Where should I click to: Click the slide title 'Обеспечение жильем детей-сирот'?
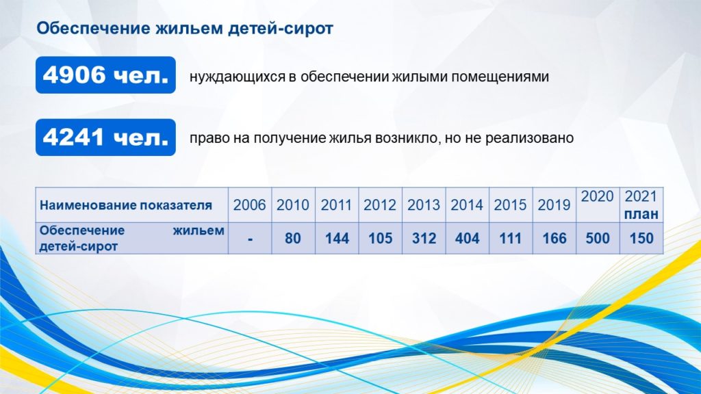[185, 28]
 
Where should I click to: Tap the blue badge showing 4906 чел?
[105, 75]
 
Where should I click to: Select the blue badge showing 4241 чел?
[105, 137]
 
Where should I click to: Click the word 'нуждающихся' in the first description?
[238, 77]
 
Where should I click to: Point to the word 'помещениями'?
[500, 77]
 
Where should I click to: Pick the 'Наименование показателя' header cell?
[126, 205]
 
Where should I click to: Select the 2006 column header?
[249, 205]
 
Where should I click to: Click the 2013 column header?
[423, 205]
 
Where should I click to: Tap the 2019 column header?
[554, 205]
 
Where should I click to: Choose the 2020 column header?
[597, 196]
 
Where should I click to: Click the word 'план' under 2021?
[641, 214]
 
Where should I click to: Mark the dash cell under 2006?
[250, 239]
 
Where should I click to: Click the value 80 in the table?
[293, 239]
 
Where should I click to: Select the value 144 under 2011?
[337, 239]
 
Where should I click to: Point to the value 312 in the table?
[424, 239]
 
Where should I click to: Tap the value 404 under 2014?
[467, 239]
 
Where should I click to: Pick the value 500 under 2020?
[598, 239]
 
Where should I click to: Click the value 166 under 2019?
[555, 239]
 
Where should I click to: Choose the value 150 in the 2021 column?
[641, 239]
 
